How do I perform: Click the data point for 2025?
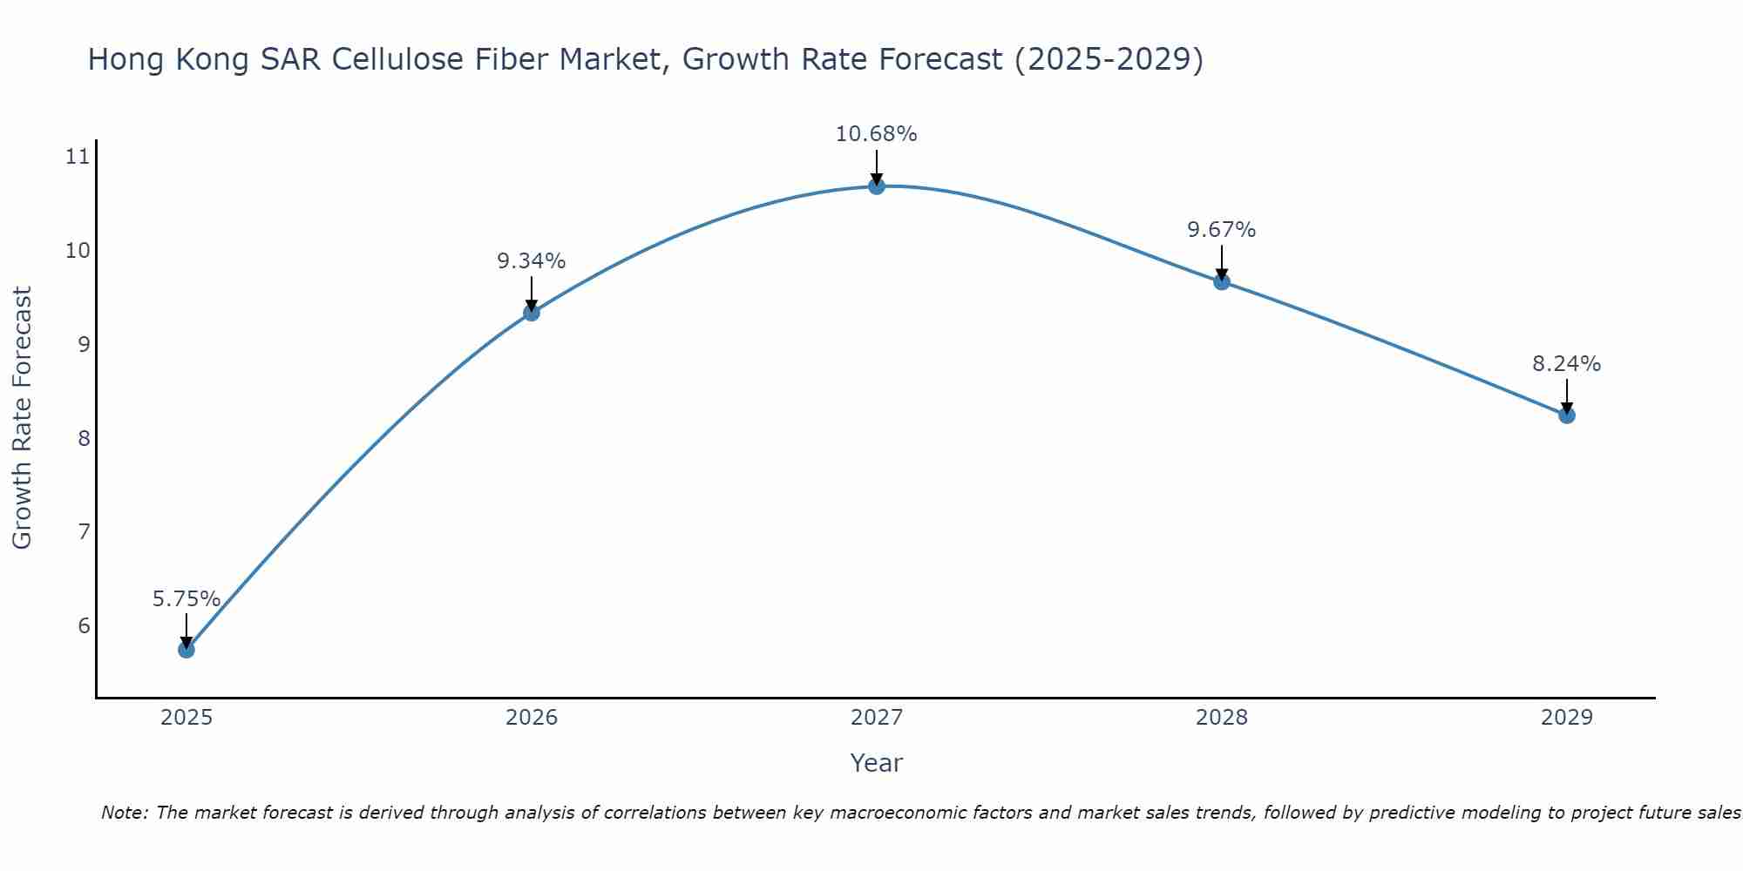(x=187, y=650)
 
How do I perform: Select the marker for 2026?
(x=532, y=313)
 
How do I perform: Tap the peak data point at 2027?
(x=877, y=186)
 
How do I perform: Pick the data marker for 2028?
(x=1222, y=281)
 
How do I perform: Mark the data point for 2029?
(x=1567, y=415)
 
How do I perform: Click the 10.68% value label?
(x=876, y=134)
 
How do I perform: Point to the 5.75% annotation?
(x=187, y=599)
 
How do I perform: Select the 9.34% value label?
(x=532, y=261)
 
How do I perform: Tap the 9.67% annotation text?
(x=1222, y=230)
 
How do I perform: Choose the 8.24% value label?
(x=1567, y=364)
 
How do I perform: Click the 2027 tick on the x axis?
(x=877, y=718)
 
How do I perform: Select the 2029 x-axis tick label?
(x=1567, y=718)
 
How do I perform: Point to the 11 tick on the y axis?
(x=78, y=157)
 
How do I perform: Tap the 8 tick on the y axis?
(x=84, y=438)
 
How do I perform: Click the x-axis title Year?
(x=877, y=763)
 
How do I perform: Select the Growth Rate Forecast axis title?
(x=23, y=418)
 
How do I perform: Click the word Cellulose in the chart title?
(x=397, y=59)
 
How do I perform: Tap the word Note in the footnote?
(x=124, y=814)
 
